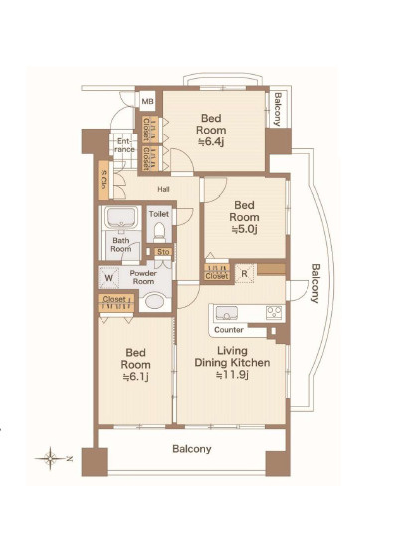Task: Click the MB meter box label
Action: (x=147, y=101)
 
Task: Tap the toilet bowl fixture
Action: (x=159, y=232)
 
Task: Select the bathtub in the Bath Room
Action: (x=121, y=217)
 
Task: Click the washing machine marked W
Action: (x=109, y=278)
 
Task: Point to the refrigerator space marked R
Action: (x=244, y=273)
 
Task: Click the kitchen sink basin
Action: (x=226, y=313)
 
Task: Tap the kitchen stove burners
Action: (x=275, y=312)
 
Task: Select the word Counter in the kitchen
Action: (x=229, y=330)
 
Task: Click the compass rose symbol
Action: (x=51, y=458)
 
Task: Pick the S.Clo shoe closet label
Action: (x=103, y=180)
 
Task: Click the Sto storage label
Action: (x=163, y=252)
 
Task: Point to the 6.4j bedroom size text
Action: (x=212, y=141)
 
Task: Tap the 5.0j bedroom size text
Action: (x=245, y=229)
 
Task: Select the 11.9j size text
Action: (x=232, y=375)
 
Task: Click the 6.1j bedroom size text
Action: (x=135, y=376)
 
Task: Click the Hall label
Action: (x=163, y=189)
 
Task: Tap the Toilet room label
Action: (x=159, y=214)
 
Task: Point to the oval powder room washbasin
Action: (x=154, y=301)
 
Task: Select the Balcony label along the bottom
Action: (x=192, y=449)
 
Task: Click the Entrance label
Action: (x=124, y=145)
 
